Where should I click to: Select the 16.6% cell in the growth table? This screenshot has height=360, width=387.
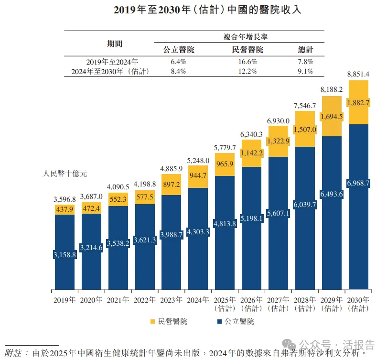pos(247,62)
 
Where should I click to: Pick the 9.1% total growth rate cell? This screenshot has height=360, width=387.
pos(305,71)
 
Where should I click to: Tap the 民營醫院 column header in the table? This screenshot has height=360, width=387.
pos(247,50)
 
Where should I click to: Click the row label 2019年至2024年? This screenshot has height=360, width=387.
pos(112,62)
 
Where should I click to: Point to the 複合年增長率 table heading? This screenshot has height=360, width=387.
pos(245,36)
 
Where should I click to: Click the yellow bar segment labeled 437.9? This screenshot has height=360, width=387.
pos(65,209)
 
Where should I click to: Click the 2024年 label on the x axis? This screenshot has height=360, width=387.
pos(198,300)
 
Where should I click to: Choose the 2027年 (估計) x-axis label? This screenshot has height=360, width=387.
pos(278,304)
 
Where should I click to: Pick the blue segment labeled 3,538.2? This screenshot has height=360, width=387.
pos(118,243)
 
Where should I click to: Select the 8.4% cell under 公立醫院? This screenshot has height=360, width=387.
pos(178,71)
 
